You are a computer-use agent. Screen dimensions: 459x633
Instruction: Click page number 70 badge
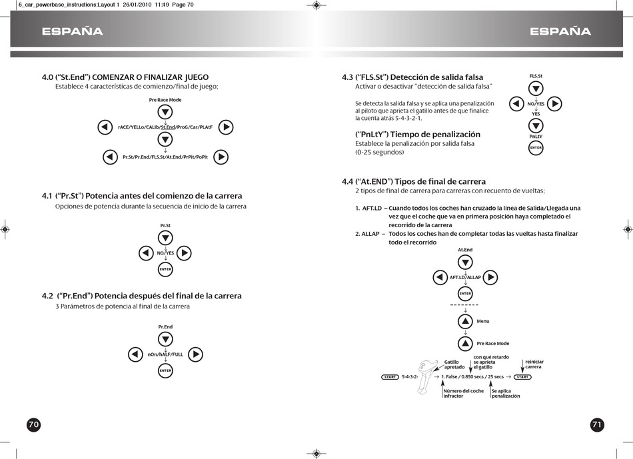[x=33, y=425]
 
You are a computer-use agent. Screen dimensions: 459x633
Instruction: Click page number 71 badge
[x=597, y=425]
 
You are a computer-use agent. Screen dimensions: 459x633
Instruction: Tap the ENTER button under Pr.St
[x=165, y=269]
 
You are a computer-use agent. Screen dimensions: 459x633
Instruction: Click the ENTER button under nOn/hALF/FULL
[x=165, y=370]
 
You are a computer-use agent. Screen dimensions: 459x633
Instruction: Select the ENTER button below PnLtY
[x=536, y=148]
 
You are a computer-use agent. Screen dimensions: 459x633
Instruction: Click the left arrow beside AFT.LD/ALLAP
[x=440, y=277]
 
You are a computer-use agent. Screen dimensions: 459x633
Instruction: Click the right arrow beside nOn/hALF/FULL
[x=195, y=354]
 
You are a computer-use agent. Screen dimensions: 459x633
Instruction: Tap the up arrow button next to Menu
[x=465, y=321]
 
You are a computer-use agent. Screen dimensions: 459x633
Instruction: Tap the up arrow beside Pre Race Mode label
[x=465, y=344]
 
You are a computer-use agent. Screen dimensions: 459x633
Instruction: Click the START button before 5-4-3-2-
[x=390, y=377]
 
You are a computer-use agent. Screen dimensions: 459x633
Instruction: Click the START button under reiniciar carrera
[x=523, y=377]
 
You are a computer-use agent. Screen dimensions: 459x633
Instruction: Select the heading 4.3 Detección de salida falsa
[x=412, y=77]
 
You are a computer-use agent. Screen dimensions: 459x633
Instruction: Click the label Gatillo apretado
[x=455, y=364]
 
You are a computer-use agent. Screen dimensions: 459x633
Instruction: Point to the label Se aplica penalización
[x=506, y=393]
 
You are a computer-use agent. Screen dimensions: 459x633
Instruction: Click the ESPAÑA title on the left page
[x=72, y=32]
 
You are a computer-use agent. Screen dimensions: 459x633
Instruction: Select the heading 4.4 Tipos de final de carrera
[x=413, y=181]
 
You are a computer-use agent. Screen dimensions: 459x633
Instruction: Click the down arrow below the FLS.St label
[x=536, y=89]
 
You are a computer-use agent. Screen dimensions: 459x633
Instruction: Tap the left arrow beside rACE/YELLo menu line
[x=105, y=127]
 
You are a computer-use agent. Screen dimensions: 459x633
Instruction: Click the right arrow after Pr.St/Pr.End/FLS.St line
[x=222, y=157]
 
